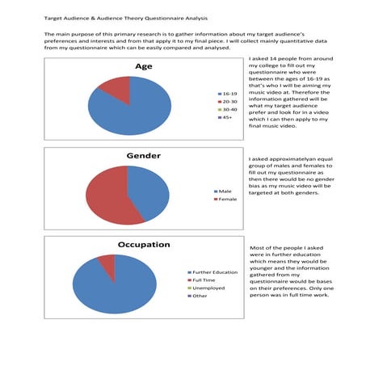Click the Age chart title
click(143, 66)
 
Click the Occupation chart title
click(143, 244)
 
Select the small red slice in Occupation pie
click(106, 261)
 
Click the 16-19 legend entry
click(227, 95)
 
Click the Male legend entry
click(224, 191)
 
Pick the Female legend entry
click(226, 199)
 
